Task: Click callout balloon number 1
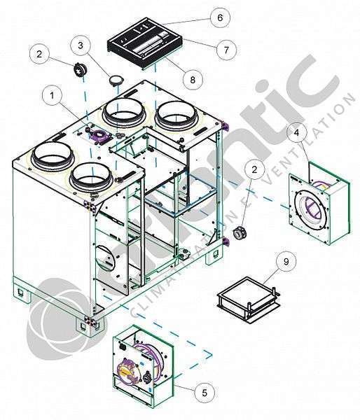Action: pos(52,95)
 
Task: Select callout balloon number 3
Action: pos(81,45)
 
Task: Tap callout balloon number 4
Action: pos(296,132)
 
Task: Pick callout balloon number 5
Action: pos(205,393)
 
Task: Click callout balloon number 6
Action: pos(220,17)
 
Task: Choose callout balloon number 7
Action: pos(226,50)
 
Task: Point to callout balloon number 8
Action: pos(193,79)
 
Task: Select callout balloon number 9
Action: pos(286,261)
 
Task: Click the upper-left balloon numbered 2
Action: pos(39,54)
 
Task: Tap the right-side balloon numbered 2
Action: pos(254,169)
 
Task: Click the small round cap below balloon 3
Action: pos(116,80)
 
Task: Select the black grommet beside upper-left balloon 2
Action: pos(79,69)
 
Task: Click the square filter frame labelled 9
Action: pos(248,300)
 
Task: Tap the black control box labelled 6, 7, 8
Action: pos(145,42)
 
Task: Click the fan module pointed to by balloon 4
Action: pos(319,203)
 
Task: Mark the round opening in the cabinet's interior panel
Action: pos(106,259)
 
